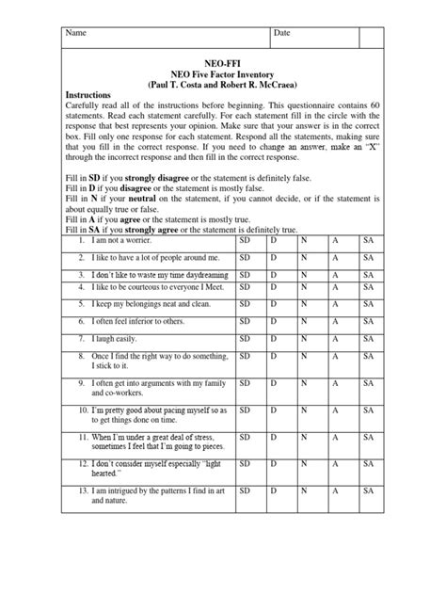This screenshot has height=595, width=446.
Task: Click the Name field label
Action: click(x=74, y=33)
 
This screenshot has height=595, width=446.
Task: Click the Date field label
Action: click(x=282, y=33)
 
